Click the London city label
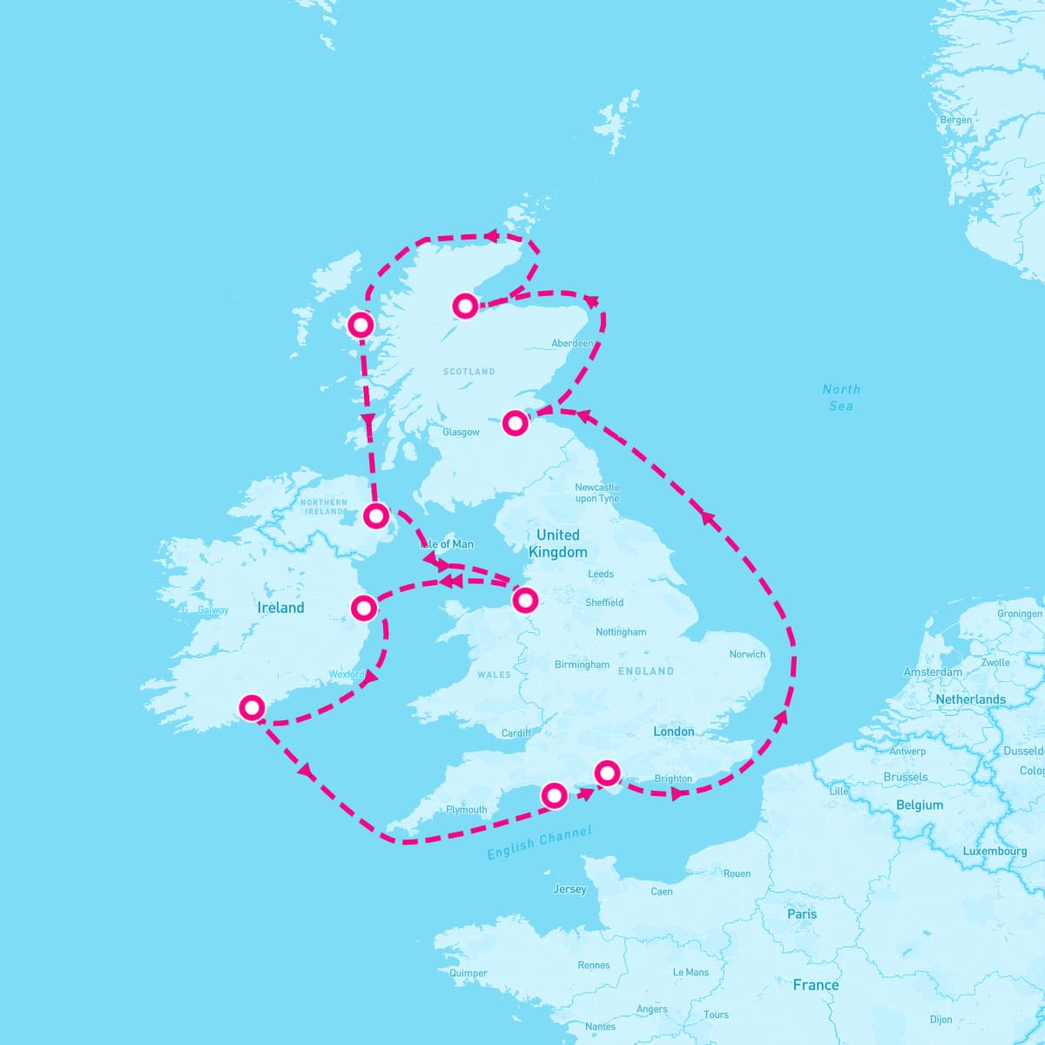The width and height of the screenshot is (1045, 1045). pyautogui.click(x=674, y=731)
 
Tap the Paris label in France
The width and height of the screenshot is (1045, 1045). pyautogui.click(x=802, y=914)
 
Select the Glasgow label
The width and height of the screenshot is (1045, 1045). pyautogui.click(x=461, y=432)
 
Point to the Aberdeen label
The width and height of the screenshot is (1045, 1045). pyautogui.click(x=572, y=344)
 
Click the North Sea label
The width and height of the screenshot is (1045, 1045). pyautogui.click(x=841, y=397)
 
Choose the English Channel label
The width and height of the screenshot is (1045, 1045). pyautogui.click(x=539, y=843)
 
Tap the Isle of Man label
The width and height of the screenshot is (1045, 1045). pyautogui.click(x=448, y=544)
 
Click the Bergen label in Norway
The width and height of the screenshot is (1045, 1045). pyautogui.click(x=956, y=120)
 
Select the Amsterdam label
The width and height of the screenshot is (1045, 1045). pyautogui.click(x=933, y=672)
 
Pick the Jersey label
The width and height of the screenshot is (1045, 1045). pyautogui.click(x=570, y=889)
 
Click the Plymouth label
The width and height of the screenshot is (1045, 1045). pyautogui.click(x=467, y=810)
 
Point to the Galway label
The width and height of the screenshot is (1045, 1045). pyautogui.click(x=212, y=610)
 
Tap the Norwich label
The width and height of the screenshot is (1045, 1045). pyautogui.click(x=747, y=654)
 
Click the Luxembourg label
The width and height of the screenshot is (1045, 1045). pyautogui.click(x=994, y=851)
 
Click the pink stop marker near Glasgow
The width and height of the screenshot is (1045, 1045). pyautogui.click(x=516, y=423)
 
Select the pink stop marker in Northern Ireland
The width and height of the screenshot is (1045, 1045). pyautogui.click(x=375, y=516)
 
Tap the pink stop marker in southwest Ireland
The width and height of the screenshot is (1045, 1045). pyautogui.click(x=251, y=707)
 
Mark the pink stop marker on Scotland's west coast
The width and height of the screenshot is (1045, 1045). pyautogui.click(x=361, y=325)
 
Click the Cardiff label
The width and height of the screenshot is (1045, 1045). pyautogui.click(x=516, y=733)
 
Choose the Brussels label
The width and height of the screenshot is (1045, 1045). pyautogui.click(x=906, y=777)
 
